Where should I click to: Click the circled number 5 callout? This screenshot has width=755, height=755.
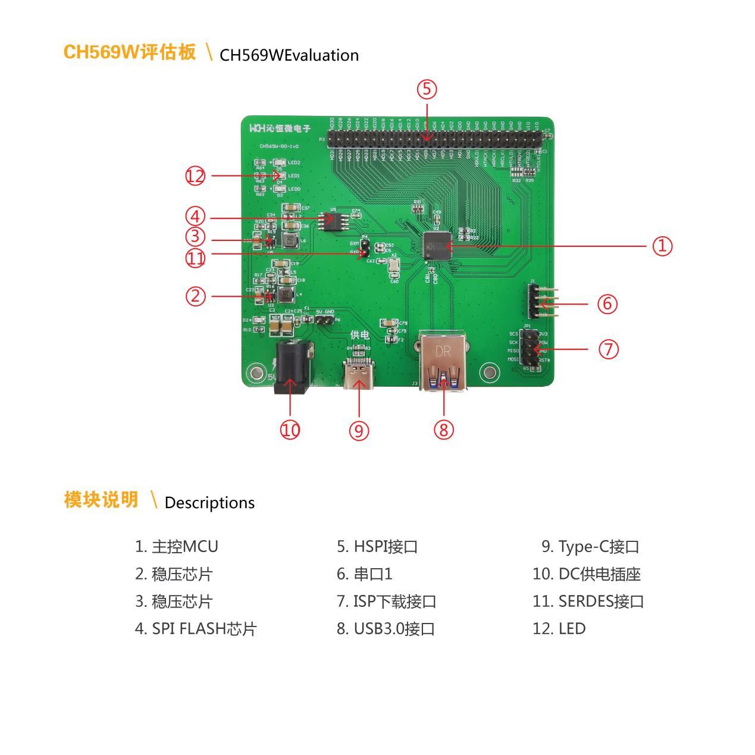[427, 89]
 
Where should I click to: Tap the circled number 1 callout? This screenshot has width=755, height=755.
[662, 246]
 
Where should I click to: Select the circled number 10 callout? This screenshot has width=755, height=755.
[290, 430]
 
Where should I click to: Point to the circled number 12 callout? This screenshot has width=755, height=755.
[195, 176]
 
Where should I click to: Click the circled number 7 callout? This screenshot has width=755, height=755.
[608, 349]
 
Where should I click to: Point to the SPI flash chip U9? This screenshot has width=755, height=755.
[334, 220]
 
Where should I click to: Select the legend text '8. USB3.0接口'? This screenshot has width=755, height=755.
[386, 629]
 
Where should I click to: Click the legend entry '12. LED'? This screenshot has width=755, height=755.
[559, 629]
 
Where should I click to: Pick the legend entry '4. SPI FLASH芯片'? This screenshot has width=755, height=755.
[196, 629]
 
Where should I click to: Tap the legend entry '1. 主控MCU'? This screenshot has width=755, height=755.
[177, 547]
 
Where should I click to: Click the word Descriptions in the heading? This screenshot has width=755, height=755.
[209, 503]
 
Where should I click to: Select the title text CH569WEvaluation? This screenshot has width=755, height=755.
[289, 55]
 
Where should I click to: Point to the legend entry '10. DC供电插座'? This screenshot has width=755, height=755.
[586, 574]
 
